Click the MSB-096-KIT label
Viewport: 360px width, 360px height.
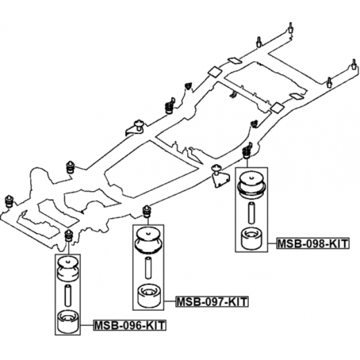point(130,325)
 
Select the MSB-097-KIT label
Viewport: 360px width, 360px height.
point(212,301)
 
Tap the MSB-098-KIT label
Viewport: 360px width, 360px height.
point(313,243)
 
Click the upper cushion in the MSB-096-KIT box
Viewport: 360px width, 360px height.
point(67,269)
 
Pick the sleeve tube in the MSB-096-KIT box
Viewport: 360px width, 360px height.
point(68,296)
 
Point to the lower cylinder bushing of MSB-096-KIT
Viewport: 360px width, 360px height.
point(68,321)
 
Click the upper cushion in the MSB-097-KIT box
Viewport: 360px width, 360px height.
point(148,241)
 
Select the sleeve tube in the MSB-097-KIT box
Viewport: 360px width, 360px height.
point(148,268)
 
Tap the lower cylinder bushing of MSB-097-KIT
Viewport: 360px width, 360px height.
point(149,296)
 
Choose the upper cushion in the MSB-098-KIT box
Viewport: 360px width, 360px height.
point(252,184)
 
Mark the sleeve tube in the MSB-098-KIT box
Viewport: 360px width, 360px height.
point(252,213)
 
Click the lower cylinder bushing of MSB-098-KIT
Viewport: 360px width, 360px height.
point(252,238)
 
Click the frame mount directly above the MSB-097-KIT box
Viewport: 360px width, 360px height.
point(147,211)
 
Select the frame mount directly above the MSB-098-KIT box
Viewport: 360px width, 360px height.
point(247,151)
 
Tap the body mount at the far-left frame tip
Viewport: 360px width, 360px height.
point(9,201)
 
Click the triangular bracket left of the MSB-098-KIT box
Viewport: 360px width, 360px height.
point(220,178)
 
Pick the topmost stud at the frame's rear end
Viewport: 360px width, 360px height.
point(290,28)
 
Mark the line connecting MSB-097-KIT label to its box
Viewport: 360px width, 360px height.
point(170,301)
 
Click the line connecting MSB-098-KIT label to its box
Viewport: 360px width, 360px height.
point(272,243)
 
